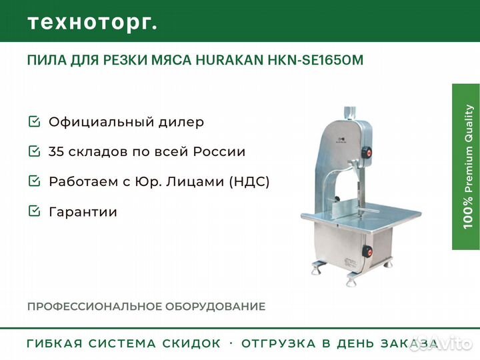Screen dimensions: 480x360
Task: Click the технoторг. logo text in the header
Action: coord(92,23)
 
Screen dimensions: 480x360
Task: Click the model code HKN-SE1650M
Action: coord(315,60)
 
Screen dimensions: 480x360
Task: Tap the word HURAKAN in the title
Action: coord(229,60)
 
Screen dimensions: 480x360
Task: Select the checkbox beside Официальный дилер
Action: coord(34,121)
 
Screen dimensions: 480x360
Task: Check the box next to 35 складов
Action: coord(34,151)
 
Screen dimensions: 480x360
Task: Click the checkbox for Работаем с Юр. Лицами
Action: coord(34,181)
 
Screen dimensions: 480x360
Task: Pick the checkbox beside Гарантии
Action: coord(34,211)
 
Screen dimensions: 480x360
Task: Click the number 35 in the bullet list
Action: coord(56,151)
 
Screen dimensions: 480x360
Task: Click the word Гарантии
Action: coord(83,212)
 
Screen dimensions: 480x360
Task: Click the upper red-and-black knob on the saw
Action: coord(367,152)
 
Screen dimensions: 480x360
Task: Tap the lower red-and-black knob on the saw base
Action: coord(367,251)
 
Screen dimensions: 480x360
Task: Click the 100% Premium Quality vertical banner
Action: coord(466,167)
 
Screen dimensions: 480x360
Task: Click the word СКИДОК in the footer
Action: coord(191,343)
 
